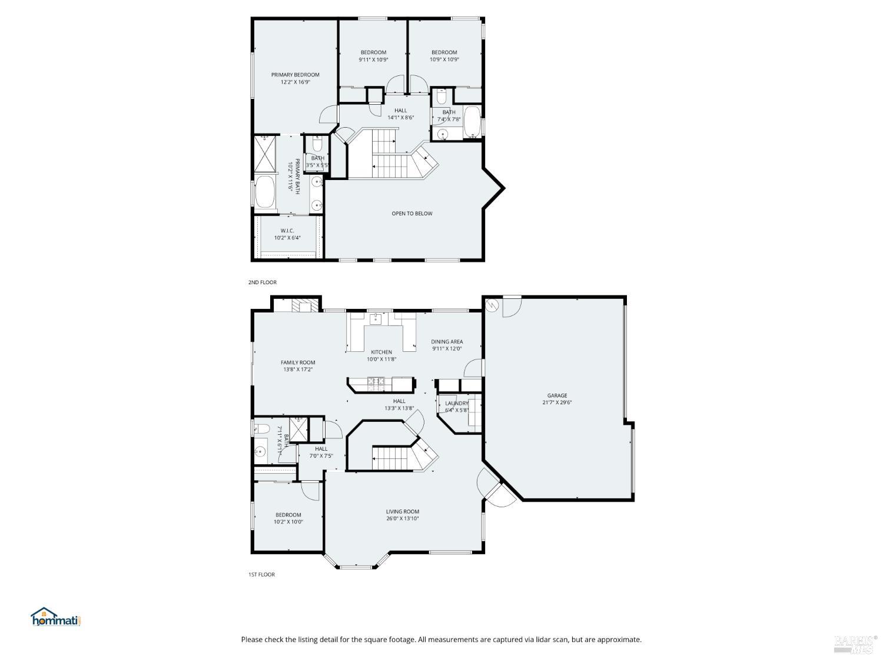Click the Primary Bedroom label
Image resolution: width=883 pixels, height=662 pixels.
point(295,75)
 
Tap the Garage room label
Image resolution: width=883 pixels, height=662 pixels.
point(557,395)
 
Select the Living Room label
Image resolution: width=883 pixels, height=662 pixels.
point(403,511)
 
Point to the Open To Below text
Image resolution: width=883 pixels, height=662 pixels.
point(412,214)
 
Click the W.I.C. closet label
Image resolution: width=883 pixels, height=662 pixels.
point(287,231)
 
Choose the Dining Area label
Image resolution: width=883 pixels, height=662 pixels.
point(447,341)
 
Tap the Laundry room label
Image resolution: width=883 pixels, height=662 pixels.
point(457,403)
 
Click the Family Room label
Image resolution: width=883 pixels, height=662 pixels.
point(298,362)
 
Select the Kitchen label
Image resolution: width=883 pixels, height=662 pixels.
point(381,352)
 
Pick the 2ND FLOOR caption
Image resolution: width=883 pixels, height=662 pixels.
point(263,282)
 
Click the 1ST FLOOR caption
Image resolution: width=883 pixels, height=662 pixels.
point(261,574)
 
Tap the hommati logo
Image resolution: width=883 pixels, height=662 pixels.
point(55,617)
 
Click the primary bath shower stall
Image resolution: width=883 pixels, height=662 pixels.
point(265,153)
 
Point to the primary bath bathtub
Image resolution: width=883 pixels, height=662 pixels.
point(265,192)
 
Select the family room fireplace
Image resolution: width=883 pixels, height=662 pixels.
point(304,306)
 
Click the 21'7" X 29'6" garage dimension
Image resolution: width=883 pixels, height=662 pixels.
point(557,403)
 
